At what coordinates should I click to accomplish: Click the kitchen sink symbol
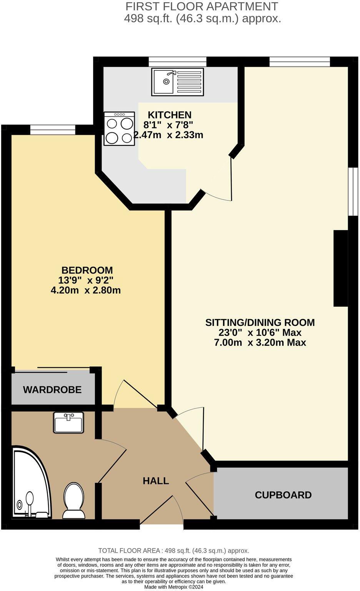tap(177, 82)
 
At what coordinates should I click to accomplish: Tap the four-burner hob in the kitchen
tap(119, 129)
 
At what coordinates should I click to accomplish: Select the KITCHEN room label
tap(170, 115)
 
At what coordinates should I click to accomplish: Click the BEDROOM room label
tap(87, 270)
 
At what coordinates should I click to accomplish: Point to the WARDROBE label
tap(52, 390)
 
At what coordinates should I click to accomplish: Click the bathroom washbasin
tap(68, 422)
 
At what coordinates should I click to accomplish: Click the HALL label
tap(156, 481)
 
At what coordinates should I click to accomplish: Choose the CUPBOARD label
tap(283, 495)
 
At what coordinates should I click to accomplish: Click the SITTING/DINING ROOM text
tap(260, 322)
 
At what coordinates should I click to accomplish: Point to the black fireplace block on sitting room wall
tap(340, 268)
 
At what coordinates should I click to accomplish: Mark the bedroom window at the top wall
tap(53, 130)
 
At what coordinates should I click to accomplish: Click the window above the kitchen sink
tap(177, 62)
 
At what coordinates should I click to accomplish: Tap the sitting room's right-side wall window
tap(353, 191)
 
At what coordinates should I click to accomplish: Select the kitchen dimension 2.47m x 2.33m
tap(168, 135)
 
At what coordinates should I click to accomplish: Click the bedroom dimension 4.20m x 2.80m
tap(86, 290)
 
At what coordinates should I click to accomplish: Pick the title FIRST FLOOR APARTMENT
tap(202, 7)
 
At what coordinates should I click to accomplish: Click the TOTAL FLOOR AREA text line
tap(174, 551)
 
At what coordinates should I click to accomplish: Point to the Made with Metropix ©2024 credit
tap(174, 587)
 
